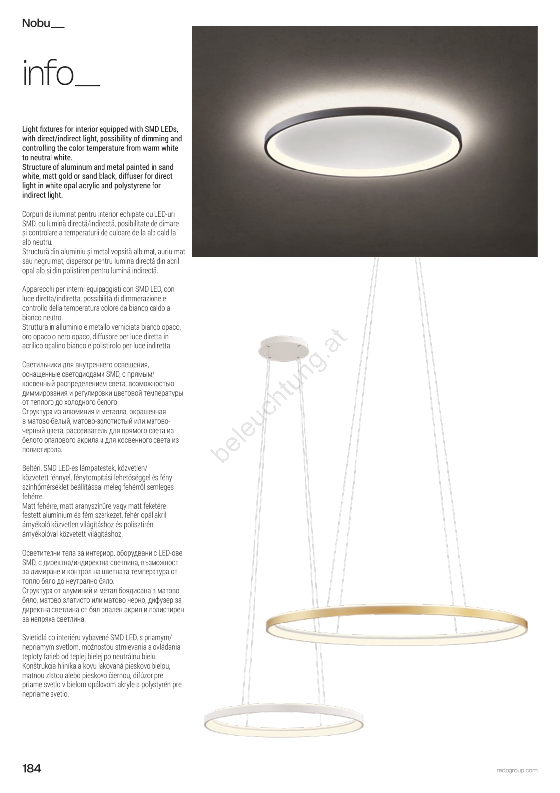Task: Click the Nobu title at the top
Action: tap(36, 23)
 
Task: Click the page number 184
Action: tap(31, 769)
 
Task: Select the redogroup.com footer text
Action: tap(516, 770)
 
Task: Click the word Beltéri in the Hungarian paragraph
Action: tap(31, 468)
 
